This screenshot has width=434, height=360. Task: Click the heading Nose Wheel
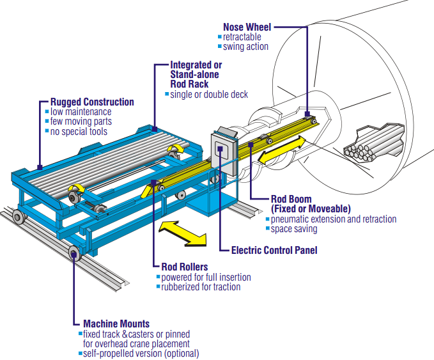click(247, 27)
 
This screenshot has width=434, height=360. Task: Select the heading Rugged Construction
click(92, 102)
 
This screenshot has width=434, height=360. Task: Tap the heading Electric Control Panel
click(274, 250)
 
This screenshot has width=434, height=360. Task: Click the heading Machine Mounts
click(116, 324)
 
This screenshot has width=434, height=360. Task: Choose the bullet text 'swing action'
click(245, 47)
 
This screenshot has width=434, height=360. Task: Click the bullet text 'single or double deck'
click(208, 95)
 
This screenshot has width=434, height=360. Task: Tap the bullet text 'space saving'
click(293, 229)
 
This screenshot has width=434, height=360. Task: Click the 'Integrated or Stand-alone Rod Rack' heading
click(196, 74)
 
